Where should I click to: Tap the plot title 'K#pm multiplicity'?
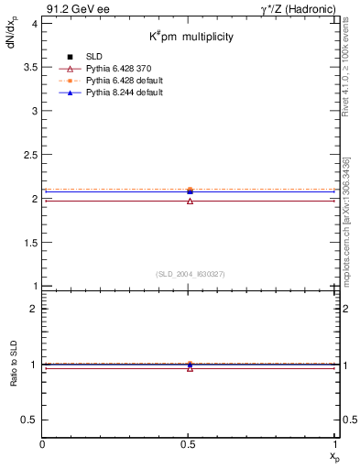pyautogui.click(x=191, y=37)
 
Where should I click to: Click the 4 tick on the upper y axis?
pyautogui.click(x=35, y=23)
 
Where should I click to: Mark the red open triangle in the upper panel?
pyautogui.click(x=190, y=201)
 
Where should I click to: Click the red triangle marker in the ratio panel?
pyautogui.click(x=190, y=368)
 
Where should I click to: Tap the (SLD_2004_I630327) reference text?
pyautogui.click(x=190, y=274)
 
